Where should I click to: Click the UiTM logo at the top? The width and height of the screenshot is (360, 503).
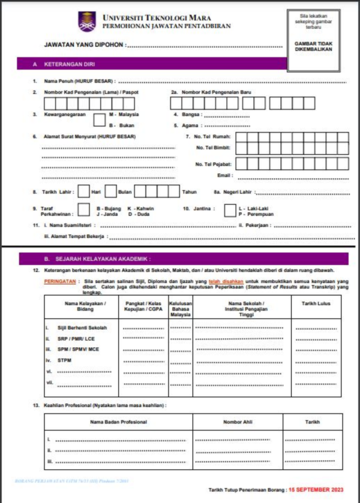86,22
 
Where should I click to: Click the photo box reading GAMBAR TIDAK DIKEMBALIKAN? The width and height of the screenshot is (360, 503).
313,46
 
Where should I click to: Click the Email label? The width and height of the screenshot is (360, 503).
224,176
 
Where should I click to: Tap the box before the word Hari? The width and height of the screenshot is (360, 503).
83,192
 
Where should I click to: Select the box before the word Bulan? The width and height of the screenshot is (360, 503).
110,192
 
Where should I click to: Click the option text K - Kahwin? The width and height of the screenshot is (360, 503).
140,208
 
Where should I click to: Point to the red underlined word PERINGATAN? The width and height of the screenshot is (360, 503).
60,280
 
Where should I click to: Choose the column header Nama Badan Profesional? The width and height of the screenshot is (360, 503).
118,422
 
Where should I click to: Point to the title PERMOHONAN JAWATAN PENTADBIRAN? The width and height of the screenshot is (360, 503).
165,28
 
